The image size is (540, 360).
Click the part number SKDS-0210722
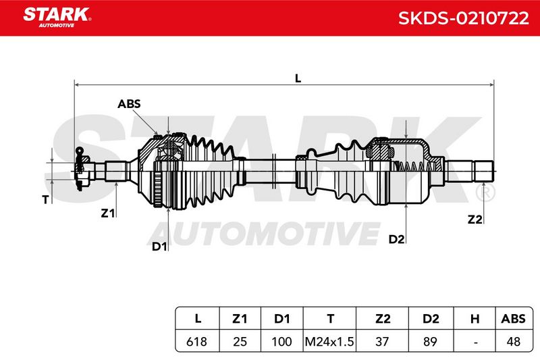pyautogui.click(x=464, y=18)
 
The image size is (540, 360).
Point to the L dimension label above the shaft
pyautogui.click(x=298, y=78)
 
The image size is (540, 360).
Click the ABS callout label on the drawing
pyautogui.click(x=129, y=104)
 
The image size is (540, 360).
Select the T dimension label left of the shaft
pyautogui.click(x=45, y=199)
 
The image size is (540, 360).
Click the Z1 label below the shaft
pyautogui.click(x=108, y=213)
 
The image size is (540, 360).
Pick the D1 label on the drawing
pyautogui.click(x=159, y=247)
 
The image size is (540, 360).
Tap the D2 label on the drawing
pyautogui.click(x=396, y=239)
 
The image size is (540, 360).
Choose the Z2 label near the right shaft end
pyautogui.click(x=475, y=219)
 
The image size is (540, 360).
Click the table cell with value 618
pyautogui.click(x=196, y=341)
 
